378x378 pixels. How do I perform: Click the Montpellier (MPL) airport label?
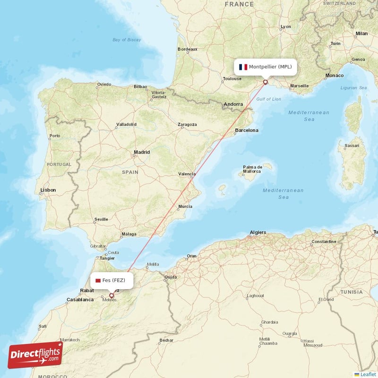pos(271,67)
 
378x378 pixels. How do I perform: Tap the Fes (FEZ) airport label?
pos(113,280)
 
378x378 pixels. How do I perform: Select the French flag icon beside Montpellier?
pos(243,67)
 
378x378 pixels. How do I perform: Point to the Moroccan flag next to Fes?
pos(98,280)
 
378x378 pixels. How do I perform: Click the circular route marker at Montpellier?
pos(266,82)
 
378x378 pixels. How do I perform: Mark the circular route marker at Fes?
pos(112,296)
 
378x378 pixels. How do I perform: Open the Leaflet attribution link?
pos(368,374)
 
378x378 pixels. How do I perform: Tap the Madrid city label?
pos(141,152)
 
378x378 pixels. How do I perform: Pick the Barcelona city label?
pos(247,130)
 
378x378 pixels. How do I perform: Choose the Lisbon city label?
pos(48,190)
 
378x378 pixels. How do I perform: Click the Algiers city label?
pos(258,232)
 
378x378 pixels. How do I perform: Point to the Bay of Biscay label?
pos(127,40)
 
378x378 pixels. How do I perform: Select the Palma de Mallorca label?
pos(253,169)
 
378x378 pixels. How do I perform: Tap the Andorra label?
pos(233,104)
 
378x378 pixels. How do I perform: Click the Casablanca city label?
pos(80,300)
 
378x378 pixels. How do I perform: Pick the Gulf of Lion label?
pos(268,99)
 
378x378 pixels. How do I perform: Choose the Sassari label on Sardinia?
pos(352,146)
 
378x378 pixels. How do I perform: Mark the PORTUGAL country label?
pos(59,164)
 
